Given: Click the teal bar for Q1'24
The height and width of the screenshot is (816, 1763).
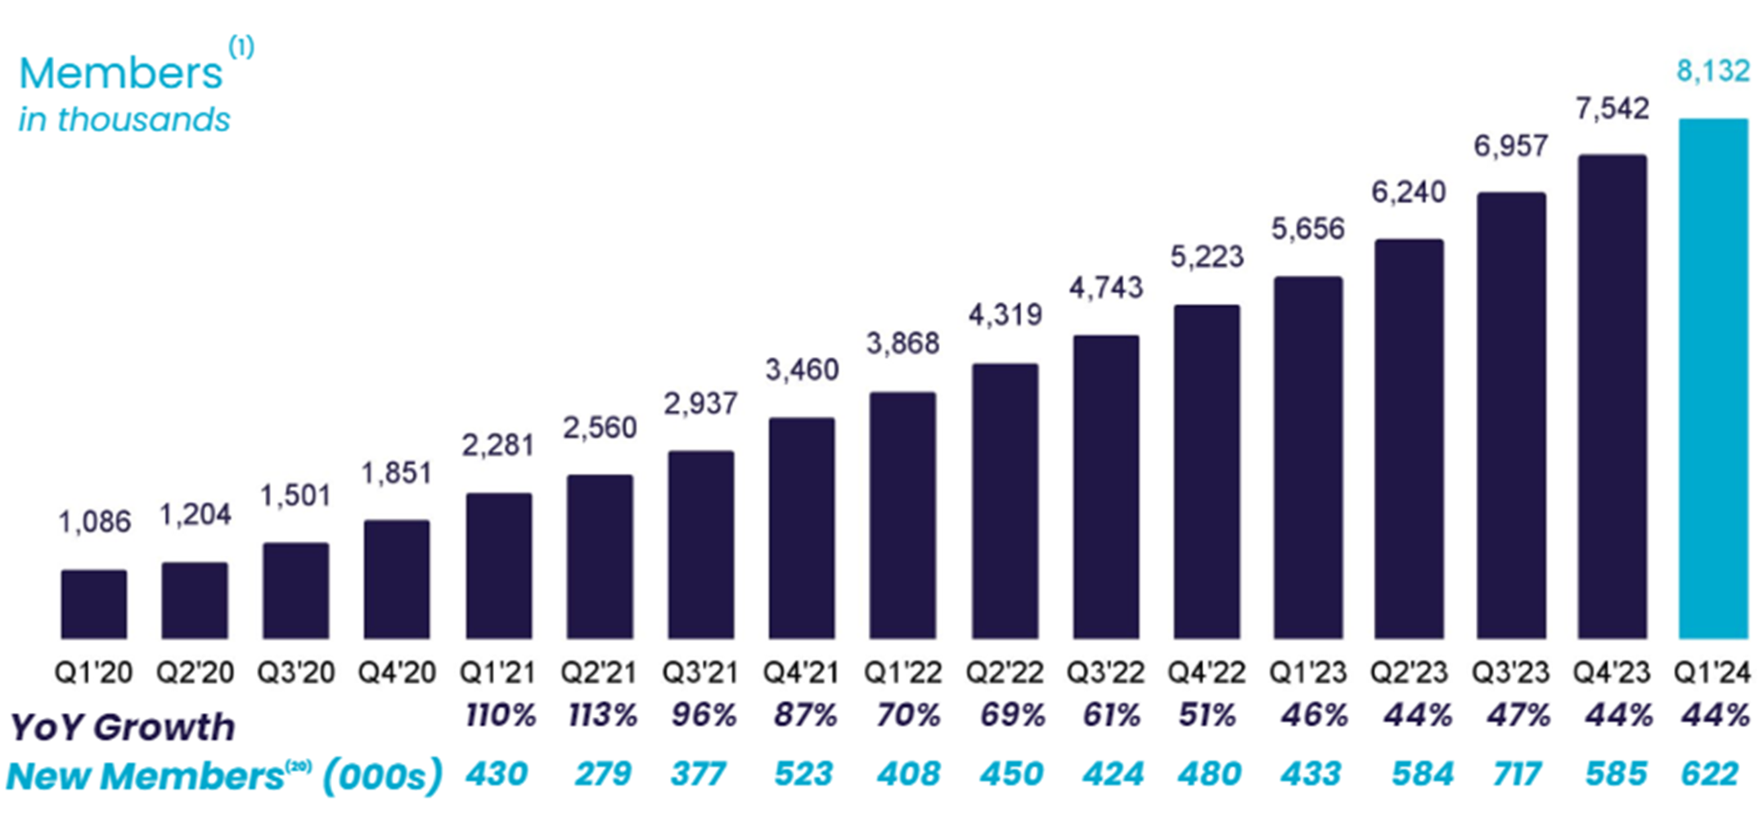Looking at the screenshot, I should (1713, 378).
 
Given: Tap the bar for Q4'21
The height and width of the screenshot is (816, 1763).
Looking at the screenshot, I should (802, 528).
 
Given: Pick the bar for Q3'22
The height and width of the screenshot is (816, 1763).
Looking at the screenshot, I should (1106, 486).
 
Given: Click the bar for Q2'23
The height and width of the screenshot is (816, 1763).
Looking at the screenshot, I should (1409, 439).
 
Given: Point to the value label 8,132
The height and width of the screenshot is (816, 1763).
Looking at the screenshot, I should (1712, 71).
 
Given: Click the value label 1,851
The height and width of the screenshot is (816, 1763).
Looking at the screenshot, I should (397, 473).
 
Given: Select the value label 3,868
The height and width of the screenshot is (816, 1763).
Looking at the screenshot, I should (903, 344).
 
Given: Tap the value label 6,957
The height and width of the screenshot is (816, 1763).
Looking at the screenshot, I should (1510, 147).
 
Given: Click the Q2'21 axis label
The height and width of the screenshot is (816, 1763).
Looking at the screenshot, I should (599, 673).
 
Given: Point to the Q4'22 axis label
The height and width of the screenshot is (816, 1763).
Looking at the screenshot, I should (1206, 673).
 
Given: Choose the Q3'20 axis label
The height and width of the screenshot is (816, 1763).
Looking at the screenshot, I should (295, 673).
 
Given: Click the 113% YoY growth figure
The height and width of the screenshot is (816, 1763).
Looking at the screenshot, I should (603, 716).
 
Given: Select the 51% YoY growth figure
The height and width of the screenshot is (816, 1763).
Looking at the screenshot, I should (1207, 716).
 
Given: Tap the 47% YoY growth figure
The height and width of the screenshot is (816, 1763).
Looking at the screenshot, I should (1518, 716).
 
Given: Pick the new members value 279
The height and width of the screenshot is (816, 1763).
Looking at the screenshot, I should (603, 774).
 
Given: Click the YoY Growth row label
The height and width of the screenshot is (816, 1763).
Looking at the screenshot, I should (123, 727).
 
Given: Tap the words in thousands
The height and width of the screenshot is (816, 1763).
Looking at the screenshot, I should (124, 120).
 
